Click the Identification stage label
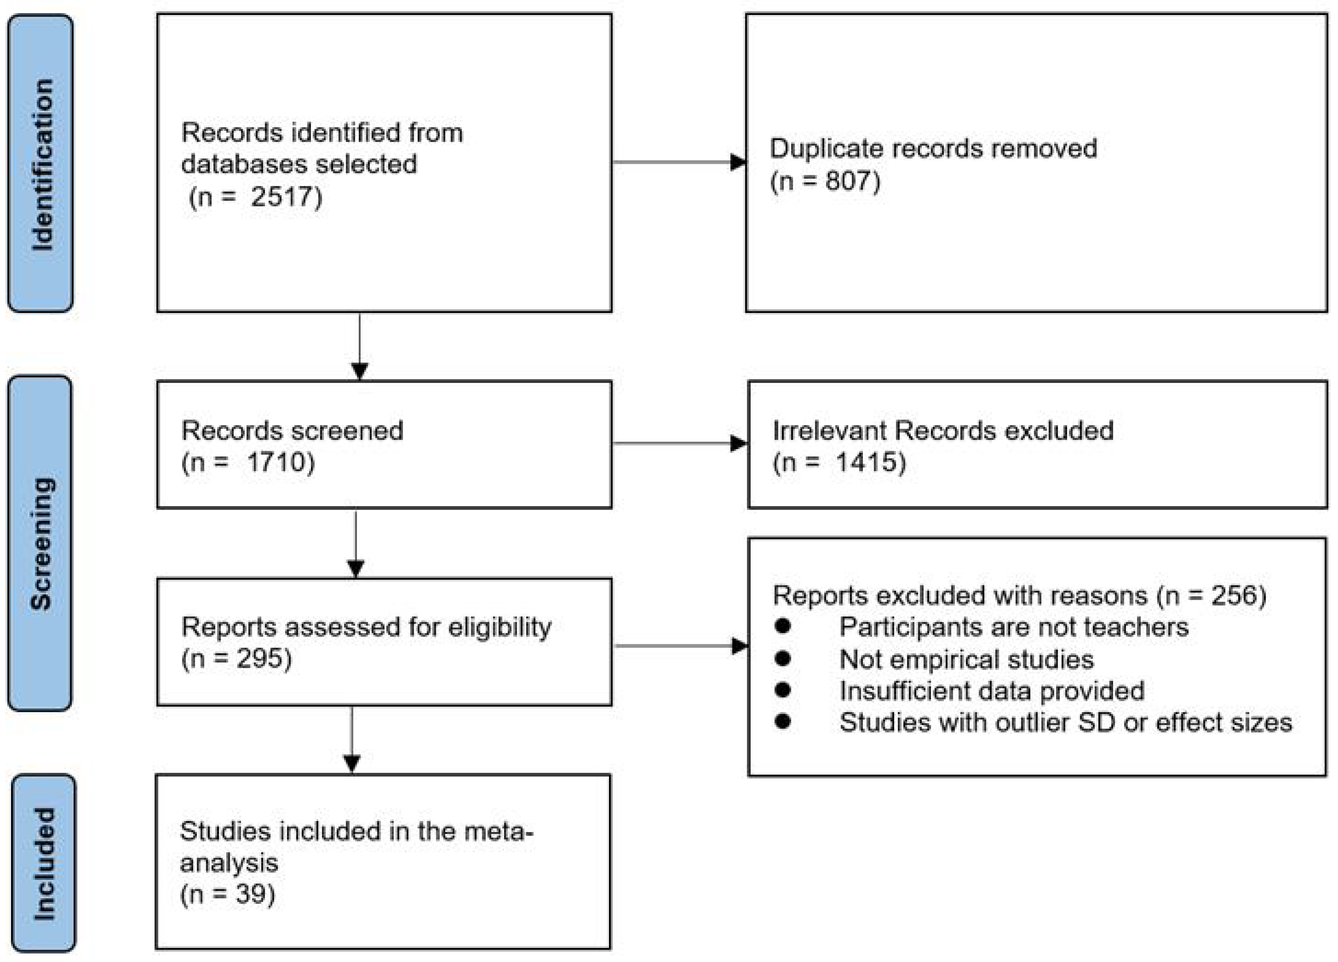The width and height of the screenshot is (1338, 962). point(41,163)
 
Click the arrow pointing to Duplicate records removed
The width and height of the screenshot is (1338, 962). point(738,162)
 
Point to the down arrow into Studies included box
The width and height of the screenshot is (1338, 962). point(352,763)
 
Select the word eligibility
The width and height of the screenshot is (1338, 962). point(500,627)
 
